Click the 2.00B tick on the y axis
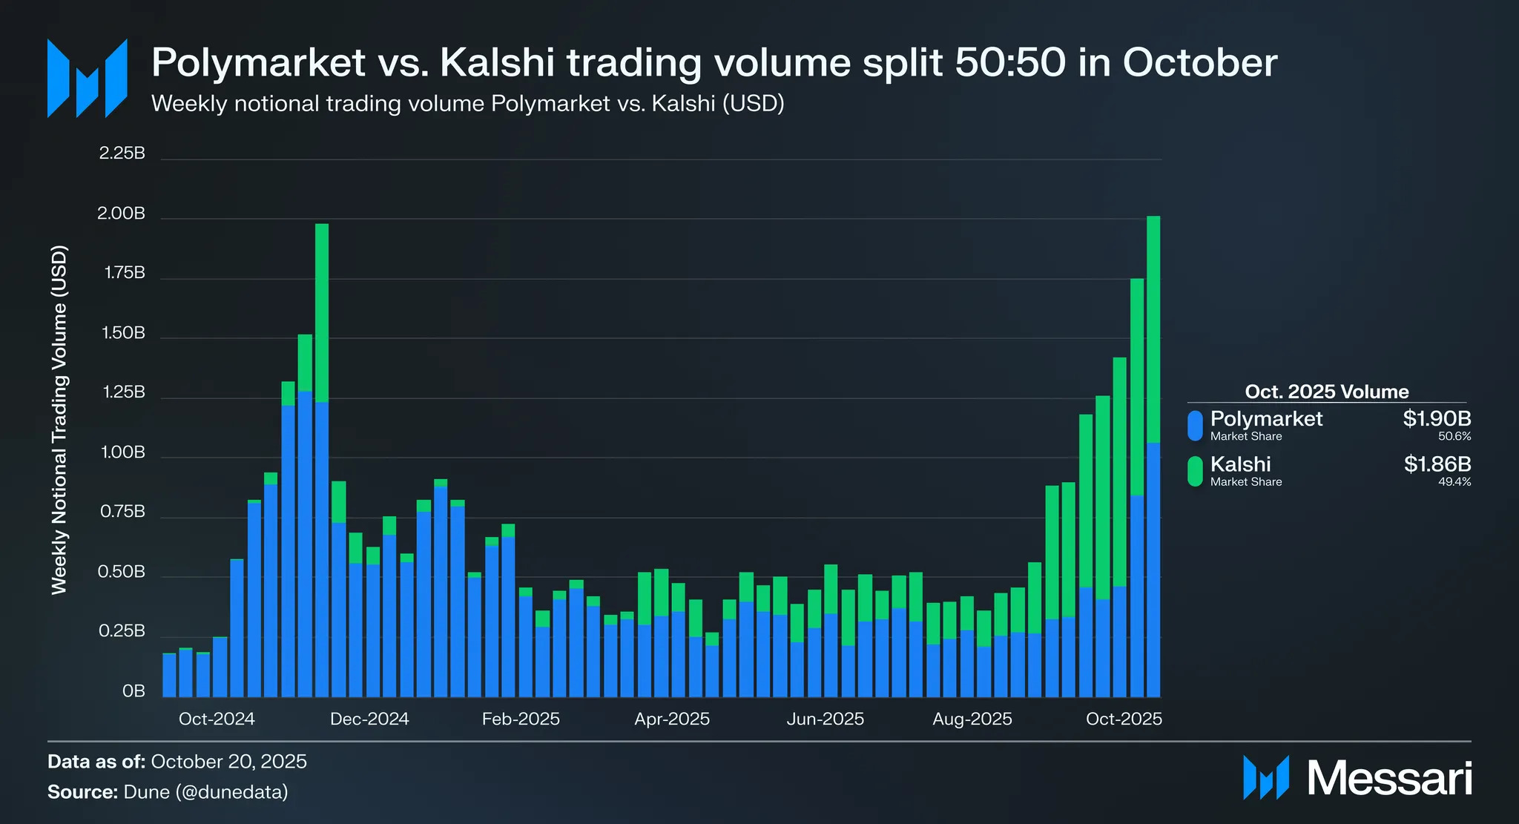coord(121,214)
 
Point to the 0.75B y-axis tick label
coord(122,512)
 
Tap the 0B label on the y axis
coord(134,691)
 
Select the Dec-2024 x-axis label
coord(369,719)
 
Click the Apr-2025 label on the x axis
coord(672,719)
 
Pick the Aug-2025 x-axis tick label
coord(972,719)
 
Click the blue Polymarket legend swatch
coord(1195,426)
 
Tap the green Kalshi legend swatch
coord(1195,471)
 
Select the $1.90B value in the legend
coord(1436,418)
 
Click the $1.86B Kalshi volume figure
coord(1437,464)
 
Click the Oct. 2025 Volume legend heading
coord(1326,392)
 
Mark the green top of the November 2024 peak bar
coord(322,312)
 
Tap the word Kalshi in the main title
coord(497,62)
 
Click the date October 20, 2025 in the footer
coord(228,762)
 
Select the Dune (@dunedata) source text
coord(205,792)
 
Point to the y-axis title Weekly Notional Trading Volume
coord(59,419)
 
